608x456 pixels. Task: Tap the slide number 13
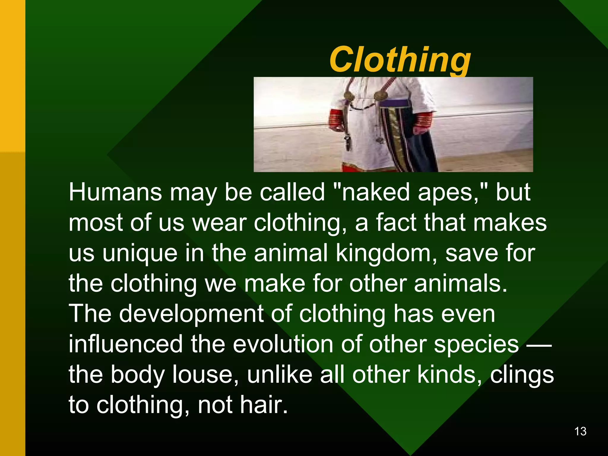point(580,431)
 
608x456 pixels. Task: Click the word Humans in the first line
point(115,192)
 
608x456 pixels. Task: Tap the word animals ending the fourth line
point(460,284)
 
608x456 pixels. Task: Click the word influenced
point(126,344)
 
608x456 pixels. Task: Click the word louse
point(205,375)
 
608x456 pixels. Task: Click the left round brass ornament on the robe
point(349,96)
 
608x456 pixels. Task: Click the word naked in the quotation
point(376,192)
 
